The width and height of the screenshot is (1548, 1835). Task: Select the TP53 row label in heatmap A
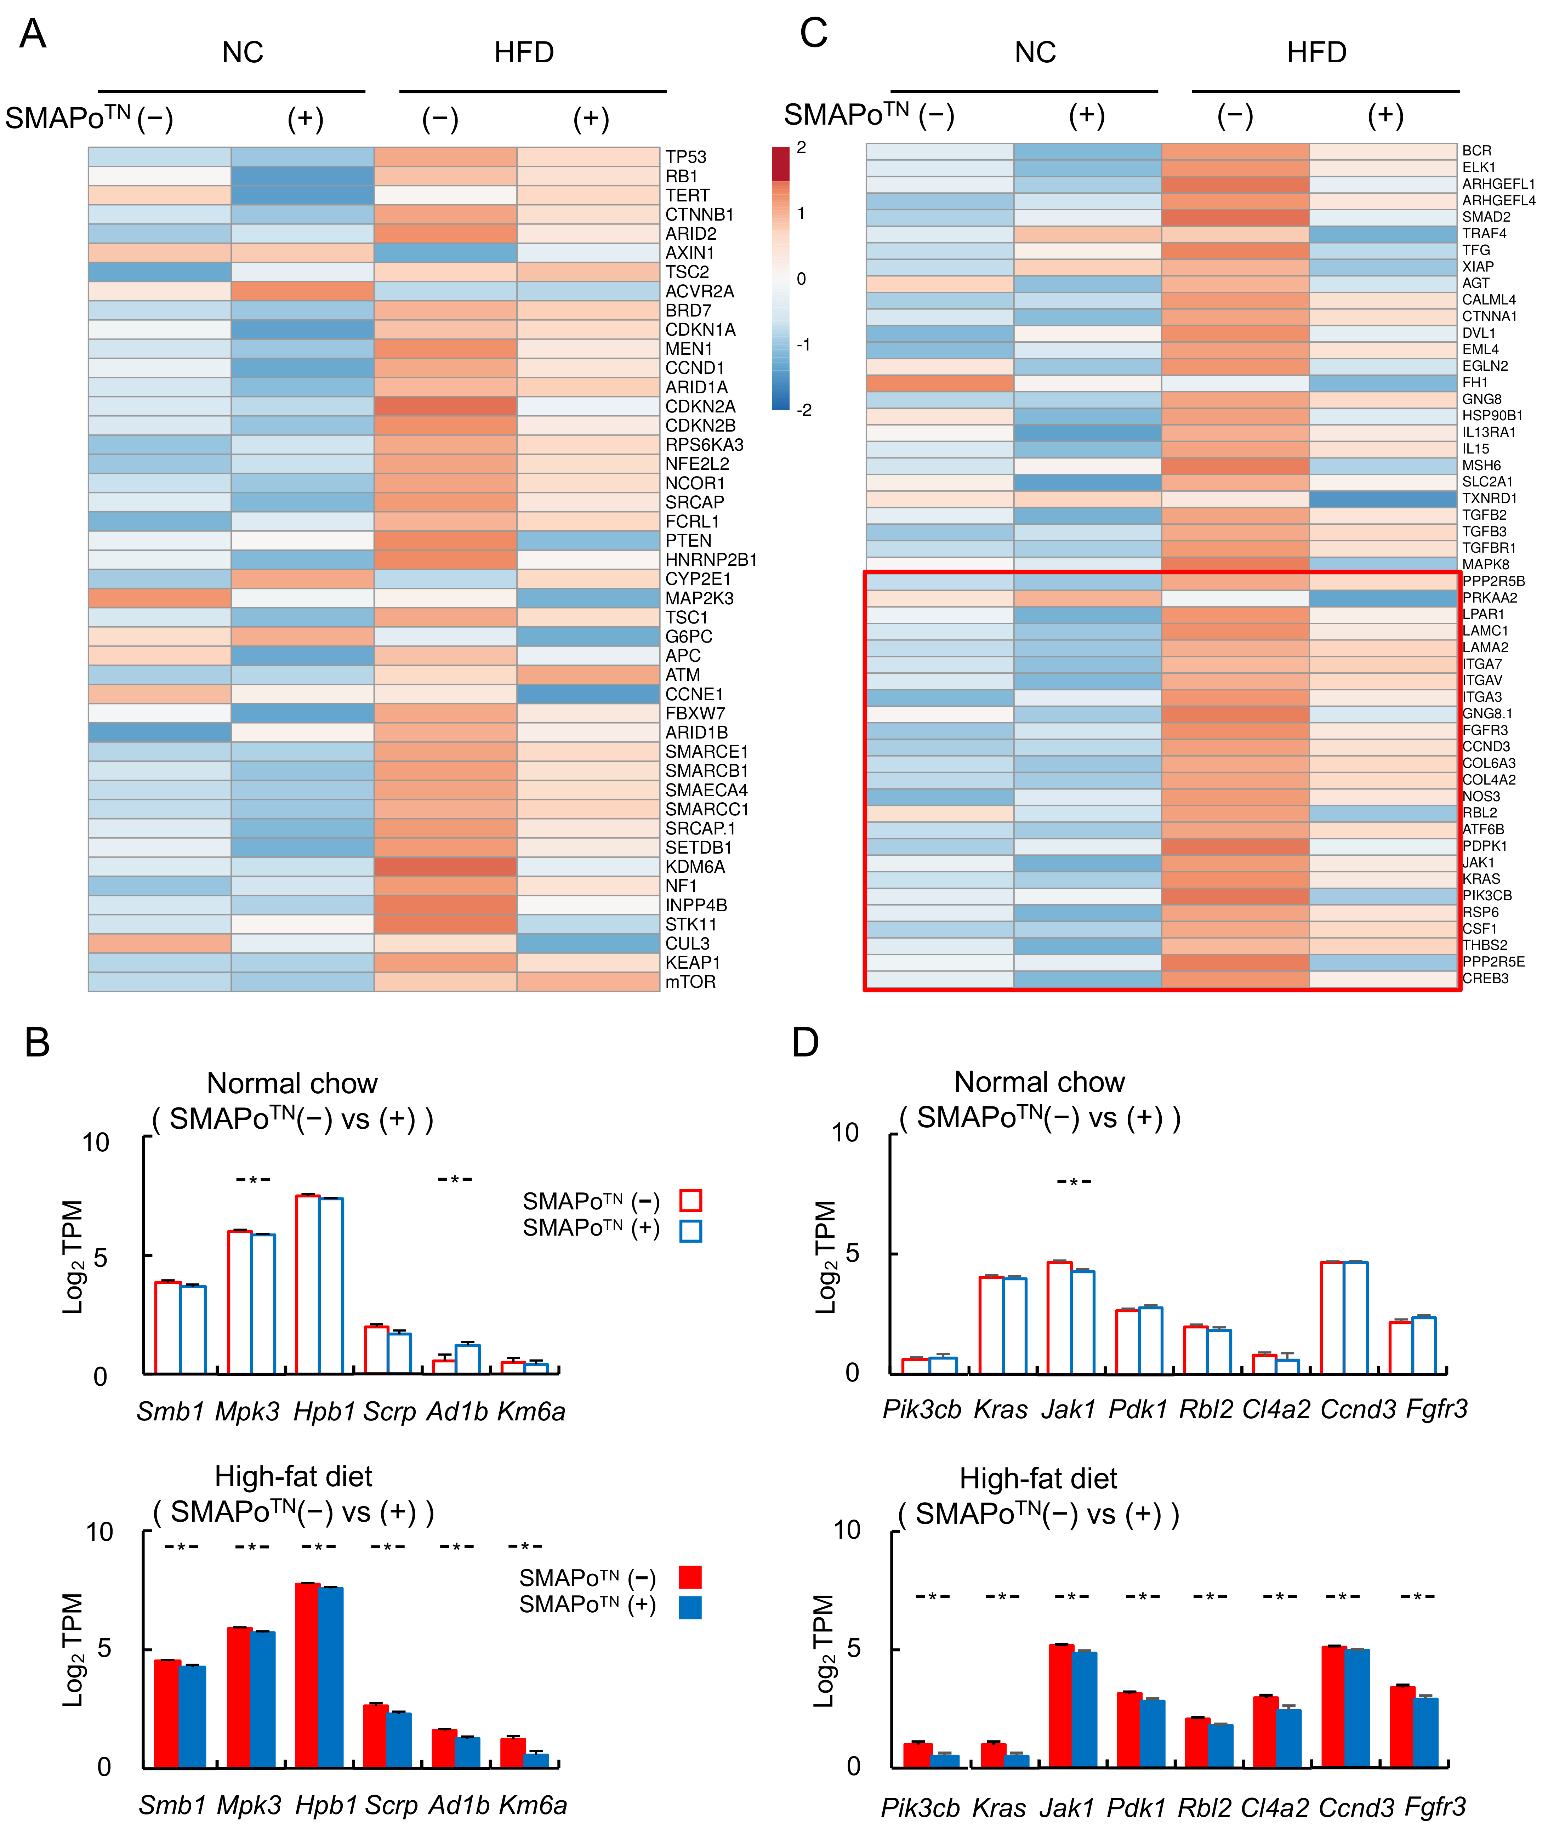tap(685, 157)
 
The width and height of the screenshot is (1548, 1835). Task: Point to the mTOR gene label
tap(690, 982)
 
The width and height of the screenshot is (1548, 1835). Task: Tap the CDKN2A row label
tap(699, 406)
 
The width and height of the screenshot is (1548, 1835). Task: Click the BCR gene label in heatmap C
tap(1476, 151)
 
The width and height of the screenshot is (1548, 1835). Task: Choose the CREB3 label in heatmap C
tap(1485, 979)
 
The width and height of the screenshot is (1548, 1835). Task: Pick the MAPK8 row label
tap(1485, 564)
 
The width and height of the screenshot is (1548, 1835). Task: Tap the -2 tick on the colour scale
tap(804, 410)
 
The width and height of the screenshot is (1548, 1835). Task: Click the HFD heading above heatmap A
tap(524, 53)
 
